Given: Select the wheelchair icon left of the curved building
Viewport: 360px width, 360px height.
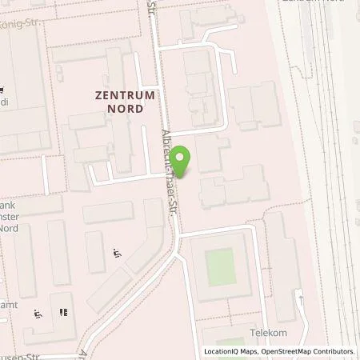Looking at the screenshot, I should coord(118,254).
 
